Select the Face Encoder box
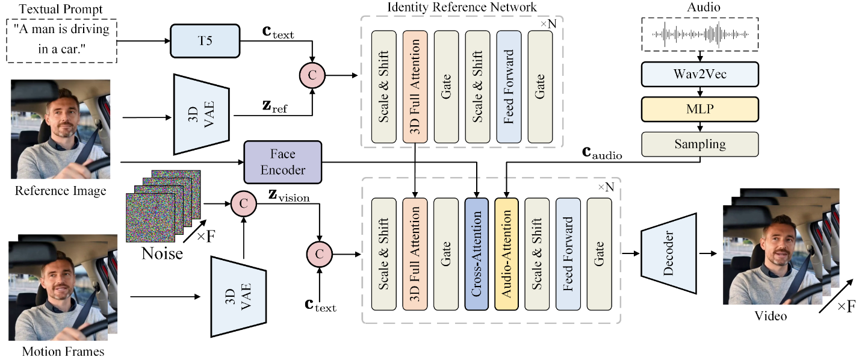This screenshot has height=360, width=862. [x=283, y=162]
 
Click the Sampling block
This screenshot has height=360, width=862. [x=700, y=144]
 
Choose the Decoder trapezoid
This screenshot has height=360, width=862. [x=668, y=253]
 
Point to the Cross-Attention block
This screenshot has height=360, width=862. [x=477, y=253]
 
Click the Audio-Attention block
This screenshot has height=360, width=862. [x=507, y=253]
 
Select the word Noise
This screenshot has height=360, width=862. [x=162, y=253]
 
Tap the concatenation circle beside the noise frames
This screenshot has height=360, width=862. [x=243, y=203]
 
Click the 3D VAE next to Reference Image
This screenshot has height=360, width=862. [x=201, y=113]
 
